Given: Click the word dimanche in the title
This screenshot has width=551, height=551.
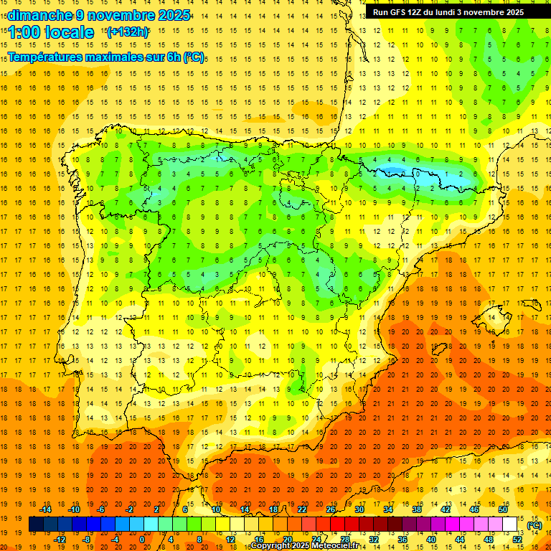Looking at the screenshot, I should pos(39,15).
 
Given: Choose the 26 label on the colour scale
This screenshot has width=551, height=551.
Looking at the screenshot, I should pos(331,509).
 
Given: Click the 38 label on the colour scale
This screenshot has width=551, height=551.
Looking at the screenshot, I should pos(417,509).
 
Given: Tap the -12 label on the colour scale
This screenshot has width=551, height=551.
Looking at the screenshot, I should pos(60,539).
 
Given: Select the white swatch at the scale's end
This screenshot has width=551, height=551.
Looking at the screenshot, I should pos(510,524).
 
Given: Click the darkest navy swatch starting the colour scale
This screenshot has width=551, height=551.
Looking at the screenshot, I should pos(36,524).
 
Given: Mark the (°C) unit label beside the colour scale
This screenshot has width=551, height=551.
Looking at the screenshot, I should pos(534,525).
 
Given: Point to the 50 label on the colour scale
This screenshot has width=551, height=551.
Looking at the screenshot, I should pos(503,509).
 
